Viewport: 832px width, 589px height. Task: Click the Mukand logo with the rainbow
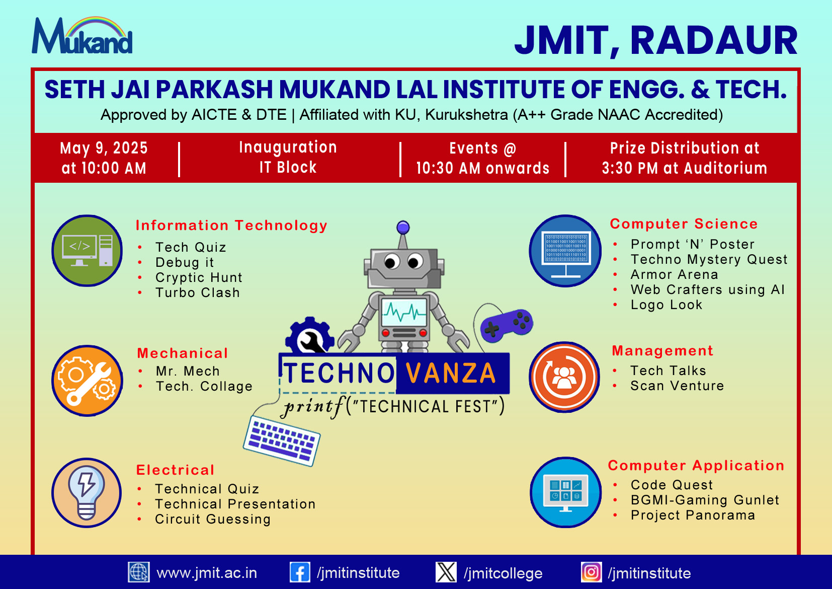pos(82,35)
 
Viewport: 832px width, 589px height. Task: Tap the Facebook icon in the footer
pos(300,572)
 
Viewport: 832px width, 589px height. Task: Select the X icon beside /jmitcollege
pos(446,572)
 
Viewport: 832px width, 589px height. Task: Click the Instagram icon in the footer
pos(592,572)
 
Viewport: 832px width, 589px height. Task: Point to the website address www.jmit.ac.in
pos(207,573)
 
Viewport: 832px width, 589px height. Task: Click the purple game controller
pos(507,325)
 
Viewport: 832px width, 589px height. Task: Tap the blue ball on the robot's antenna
pos(403,227)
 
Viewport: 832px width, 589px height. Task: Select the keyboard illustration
pos(282,440)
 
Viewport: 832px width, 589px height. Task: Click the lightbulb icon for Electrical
pos(87,492)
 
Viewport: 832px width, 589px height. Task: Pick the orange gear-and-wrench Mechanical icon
pos(88,381)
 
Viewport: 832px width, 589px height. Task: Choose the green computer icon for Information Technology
pos(87,251)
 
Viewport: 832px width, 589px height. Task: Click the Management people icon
pos(564,377)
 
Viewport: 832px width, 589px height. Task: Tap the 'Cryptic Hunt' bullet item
pos(199,277)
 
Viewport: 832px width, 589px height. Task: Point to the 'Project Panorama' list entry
pos(693,515)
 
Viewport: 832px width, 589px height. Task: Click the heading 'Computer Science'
pos(684,224)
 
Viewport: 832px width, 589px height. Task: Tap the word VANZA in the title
pos(451,373)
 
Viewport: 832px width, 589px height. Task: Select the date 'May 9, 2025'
pos(104,148)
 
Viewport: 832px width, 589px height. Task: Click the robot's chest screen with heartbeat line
pos(404,312)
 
